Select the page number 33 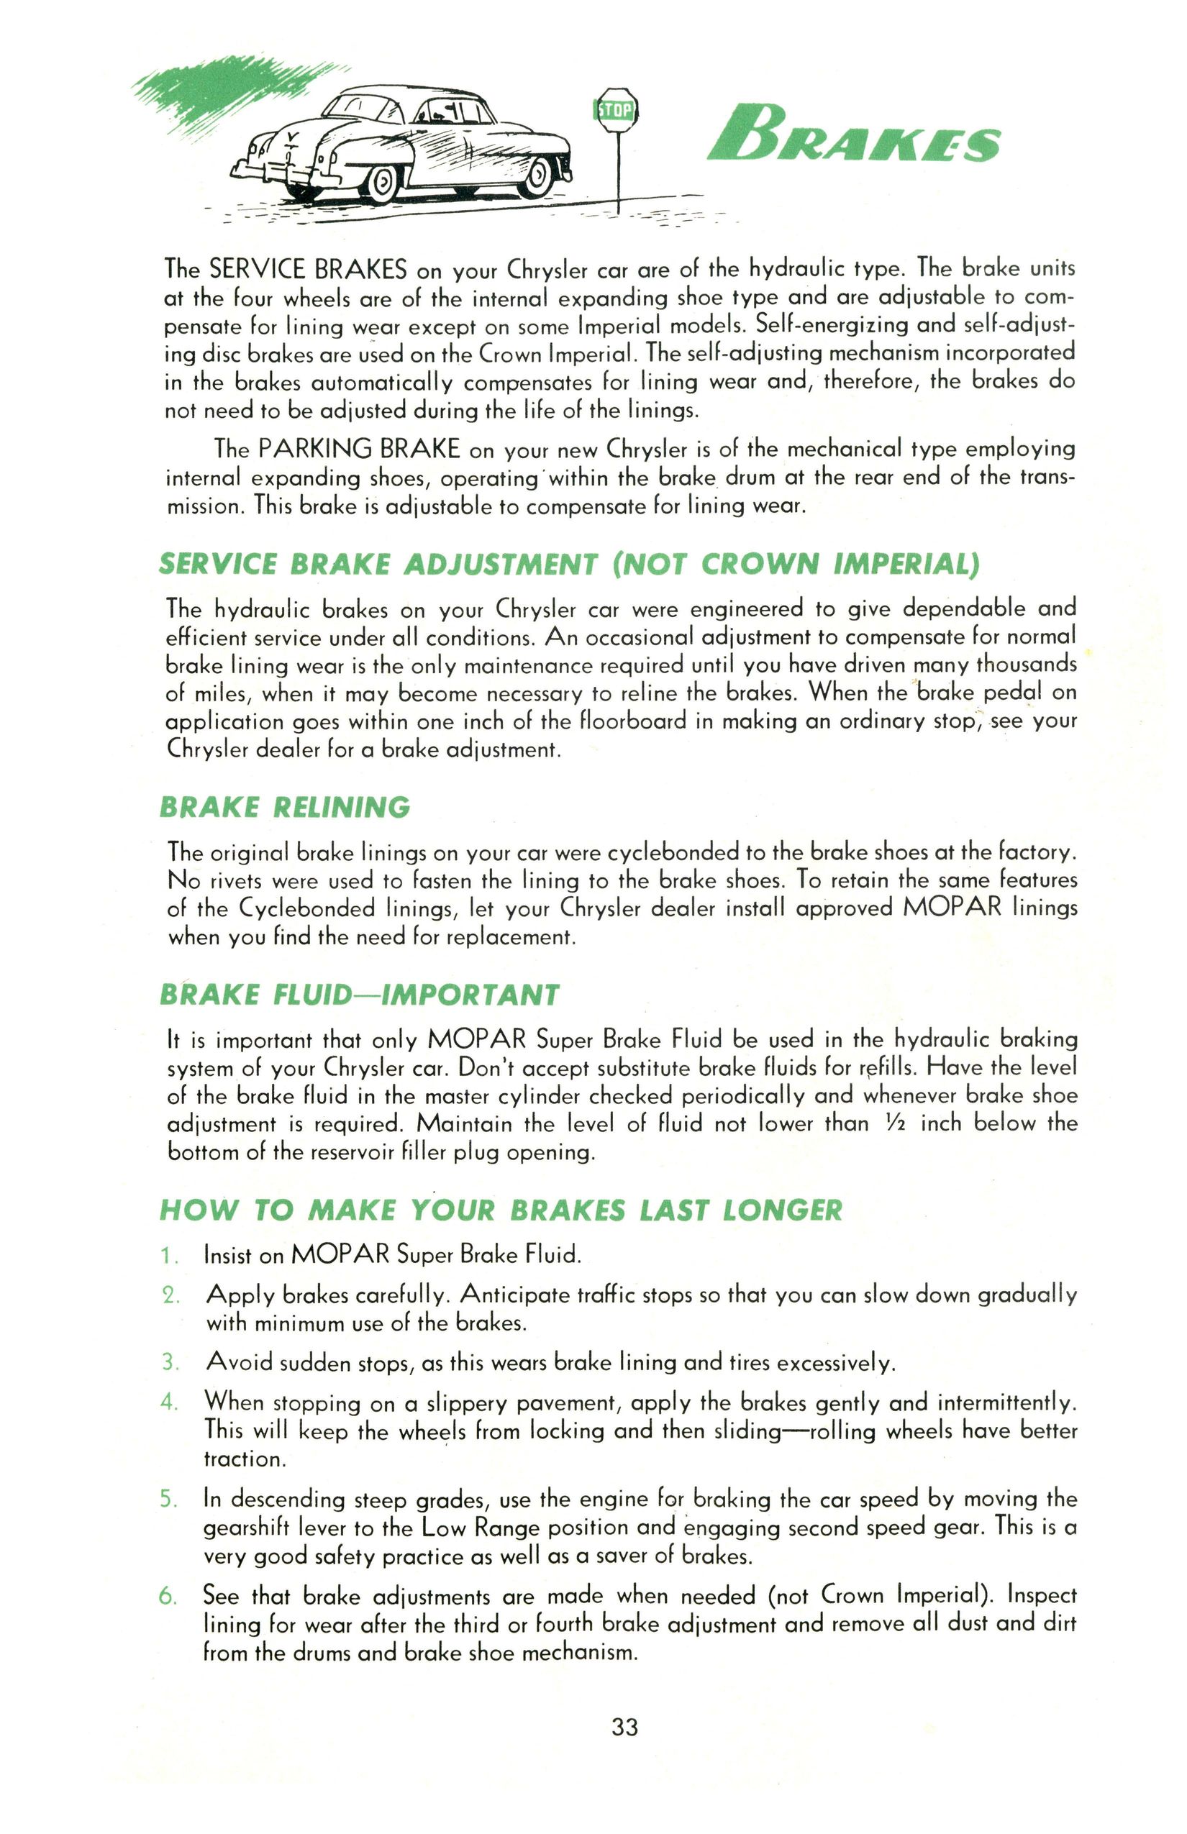(x=624, y=1728)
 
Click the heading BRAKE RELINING (x=284, y=807)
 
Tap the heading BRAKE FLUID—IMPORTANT (x=358, y=995)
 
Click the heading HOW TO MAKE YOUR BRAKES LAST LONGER (x=500, y=1210)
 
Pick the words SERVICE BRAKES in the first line (x=309, y=269)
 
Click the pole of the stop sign (x=617, y=173)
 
